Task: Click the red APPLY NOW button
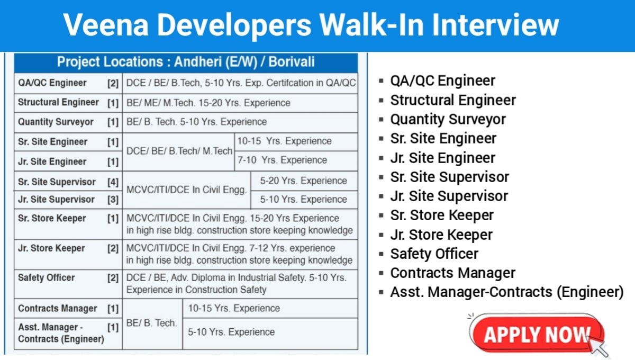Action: pos(537,334)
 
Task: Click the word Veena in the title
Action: pos(106,25)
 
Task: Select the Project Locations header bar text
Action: pos(186,62)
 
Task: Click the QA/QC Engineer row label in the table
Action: pos(52,83)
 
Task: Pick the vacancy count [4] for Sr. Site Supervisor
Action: pos(113,182)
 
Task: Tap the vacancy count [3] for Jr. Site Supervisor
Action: pos(113,200)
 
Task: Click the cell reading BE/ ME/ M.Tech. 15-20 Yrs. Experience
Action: pos(208,103)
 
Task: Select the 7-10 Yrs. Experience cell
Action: pos(282,160)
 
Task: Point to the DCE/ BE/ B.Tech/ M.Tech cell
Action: pos(179,151)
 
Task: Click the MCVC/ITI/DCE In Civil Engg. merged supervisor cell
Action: pos(186,190)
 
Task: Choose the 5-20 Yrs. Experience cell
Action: pos(303,181)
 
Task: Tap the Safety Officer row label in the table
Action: pos(46,277)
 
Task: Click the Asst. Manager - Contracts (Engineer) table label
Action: pos(61,333)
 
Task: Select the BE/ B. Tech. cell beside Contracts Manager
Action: pos(152,323)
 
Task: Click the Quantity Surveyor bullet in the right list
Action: pos(448,120)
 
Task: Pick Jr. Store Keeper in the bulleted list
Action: pos(441,235)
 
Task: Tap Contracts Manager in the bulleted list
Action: pos(453,273)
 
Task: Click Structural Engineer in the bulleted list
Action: pos(453,100)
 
